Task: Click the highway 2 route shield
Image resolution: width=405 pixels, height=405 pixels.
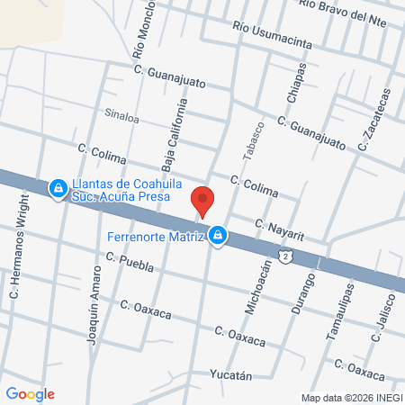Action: point(284,256)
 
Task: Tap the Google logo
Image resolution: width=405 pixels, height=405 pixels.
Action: point(30,393)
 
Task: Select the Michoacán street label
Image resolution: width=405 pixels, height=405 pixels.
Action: point(253,285)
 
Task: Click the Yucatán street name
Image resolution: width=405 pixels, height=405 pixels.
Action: point(228,374)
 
